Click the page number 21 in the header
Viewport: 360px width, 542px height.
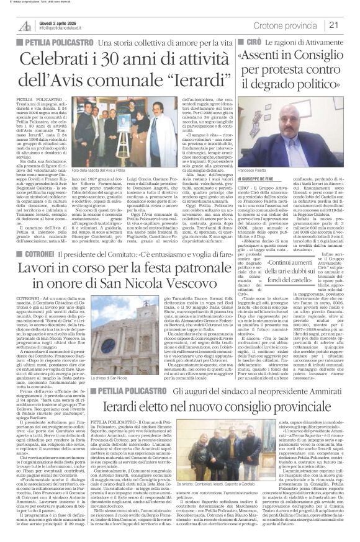(x=349, y=25)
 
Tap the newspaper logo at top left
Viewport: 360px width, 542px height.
(x=25, y=25)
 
